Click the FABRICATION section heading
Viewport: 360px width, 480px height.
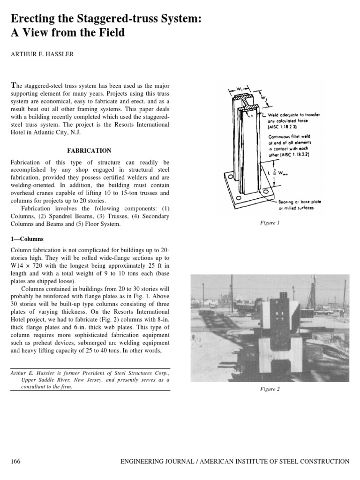[x=90, y=150]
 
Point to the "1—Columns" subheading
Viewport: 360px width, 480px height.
[x=28, y=239]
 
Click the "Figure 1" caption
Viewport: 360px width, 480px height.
[x=270, y=223]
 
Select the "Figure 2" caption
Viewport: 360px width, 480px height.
[x=270, y=389]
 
